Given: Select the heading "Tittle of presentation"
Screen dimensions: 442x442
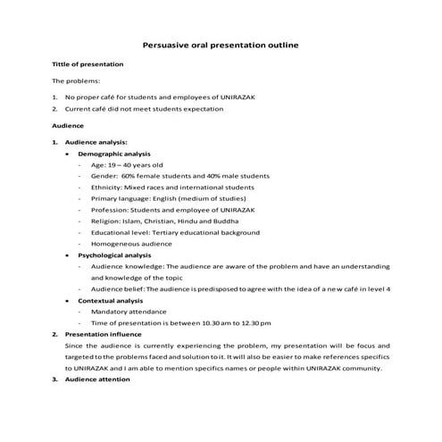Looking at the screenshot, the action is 88,65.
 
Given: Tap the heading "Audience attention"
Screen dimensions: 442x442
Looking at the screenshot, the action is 97,379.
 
